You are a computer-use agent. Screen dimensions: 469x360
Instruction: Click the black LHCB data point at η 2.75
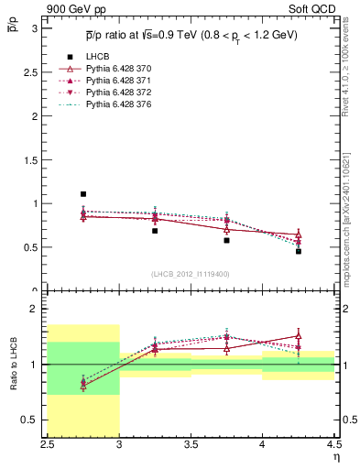tap(83, 194)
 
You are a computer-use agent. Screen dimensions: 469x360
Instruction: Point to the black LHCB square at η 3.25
tap(155, 231)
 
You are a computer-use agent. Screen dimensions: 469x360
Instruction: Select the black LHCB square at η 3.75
tap(226, 240)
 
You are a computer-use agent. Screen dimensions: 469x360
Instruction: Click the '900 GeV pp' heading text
tap(70, 8)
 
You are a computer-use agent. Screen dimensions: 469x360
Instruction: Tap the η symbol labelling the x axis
tap(335, 457)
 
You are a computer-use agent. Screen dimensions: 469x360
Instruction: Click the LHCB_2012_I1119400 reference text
tap(191, 274)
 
